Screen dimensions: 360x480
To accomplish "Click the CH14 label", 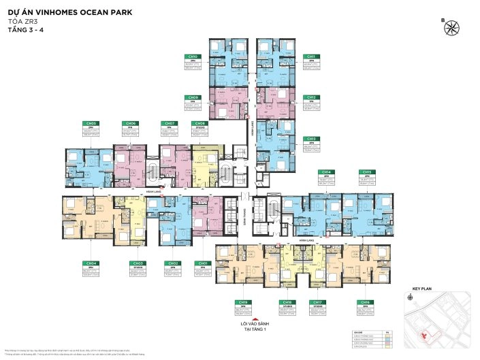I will pyautogui.click(x=327, y=172).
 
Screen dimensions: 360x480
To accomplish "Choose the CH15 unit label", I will pyautogui.click(x=367, y=172).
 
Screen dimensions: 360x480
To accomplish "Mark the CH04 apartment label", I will pyautogui.click(x=92, y=263).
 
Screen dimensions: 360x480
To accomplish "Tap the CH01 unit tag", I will pyautogui.click(x=202, y=263).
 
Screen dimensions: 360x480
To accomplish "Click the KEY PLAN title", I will pyautogui.click(x=423, y=289).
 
